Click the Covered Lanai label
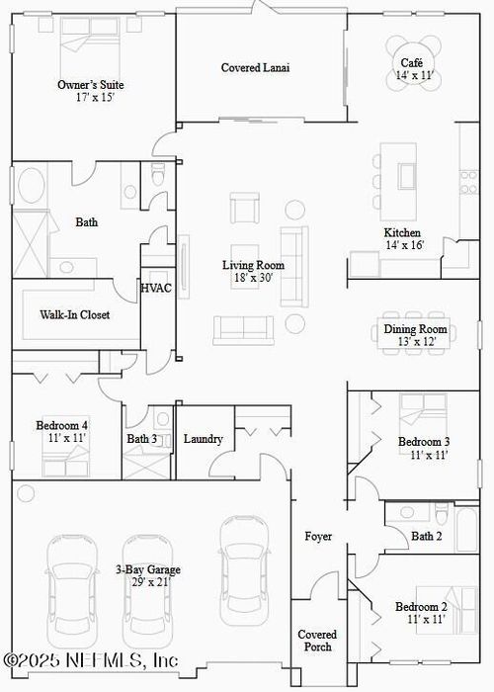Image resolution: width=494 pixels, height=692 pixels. coord(255,68)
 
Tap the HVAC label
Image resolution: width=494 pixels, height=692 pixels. coord(156,289)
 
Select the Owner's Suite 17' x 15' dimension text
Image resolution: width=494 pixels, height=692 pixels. coord(95,98)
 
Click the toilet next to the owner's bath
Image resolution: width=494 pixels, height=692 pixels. coord(157,174)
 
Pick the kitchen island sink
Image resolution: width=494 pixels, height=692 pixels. coord(407,176)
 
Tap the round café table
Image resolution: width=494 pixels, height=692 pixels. coord(413,63)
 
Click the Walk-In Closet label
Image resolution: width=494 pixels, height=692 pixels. coord(74,314)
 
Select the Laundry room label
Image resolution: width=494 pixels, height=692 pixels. coord(203,439)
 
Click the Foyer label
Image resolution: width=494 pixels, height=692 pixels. coord(318,537)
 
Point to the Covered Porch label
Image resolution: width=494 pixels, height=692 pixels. coord(317,641)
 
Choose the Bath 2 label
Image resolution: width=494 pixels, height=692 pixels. coord(427,536)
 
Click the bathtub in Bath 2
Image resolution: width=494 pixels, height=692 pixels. coord(467,530)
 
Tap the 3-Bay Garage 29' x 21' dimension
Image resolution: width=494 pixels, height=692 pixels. coord(151,582)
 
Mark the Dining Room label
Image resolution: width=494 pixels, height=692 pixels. coord(415,329)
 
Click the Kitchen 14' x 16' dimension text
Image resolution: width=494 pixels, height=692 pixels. coord(405,245)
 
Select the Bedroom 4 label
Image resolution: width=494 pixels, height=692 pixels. coord(61,426)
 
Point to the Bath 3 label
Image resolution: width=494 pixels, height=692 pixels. coord(141,439)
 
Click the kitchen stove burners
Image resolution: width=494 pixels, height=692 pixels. coord(468,183)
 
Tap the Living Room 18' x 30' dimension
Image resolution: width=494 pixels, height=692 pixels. coord(254,278)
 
